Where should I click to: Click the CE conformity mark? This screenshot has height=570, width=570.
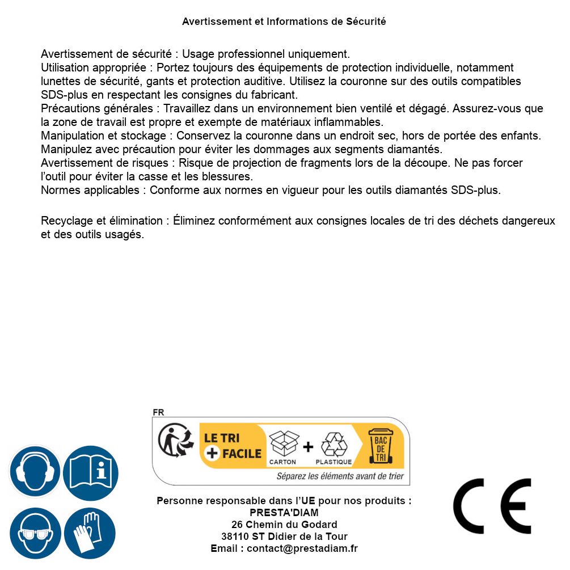tap(492, 506)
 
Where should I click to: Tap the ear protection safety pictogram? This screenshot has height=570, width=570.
tap(35, 471)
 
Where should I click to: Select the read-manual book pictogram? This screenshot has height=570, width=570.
tap(90, 471)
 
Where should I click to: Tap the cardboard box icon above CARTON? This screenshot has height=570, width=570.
tap(284, 444)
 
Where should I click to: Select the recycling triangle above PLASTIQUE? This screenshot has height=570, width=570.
tap(334, 445)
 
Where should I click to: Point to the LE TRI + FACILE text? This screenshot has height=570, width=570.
tap(233, 446)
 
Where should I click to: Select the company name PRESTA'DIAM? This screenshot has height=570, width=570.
tap(284, 513)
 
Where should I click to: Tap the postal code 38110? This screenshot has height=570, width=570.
tap(234, 537)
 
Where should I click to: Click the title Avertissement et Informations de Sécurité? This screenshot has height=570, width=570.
tap(284, 22)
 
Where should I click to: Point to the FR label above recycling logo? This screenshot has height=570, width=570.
tap(158, 413)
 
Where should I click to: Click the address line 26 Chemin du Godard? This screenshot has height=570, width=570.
tap(284, 525)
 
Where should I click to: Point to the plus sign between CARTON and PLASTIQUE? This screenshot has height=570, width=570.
tap(308, 447)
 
